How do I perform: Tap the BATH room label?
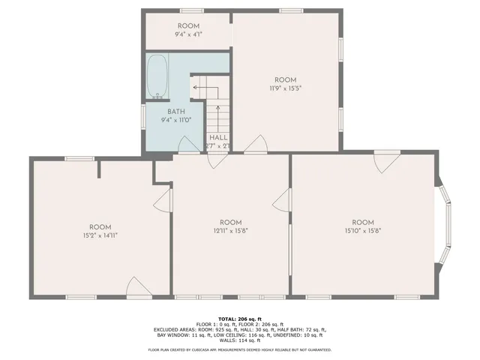[176, 112]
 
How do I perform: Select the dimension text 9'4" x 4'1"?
[188, 34]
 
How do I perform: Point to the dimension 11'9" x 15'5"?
[285, 88]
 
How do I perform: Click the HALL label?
[218, 138]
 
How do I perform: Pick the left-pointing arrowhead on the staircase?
[195, 87]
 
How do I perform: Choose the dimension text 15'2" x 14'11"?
[100, 235]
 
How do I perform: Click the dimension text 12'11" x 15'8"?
[230, 230]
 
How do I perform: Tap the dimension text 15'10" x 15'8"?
[363, 230]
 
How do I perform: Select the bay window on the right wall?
[447, 225]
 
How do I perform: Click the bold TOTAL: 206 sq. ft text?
[240, 319]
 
